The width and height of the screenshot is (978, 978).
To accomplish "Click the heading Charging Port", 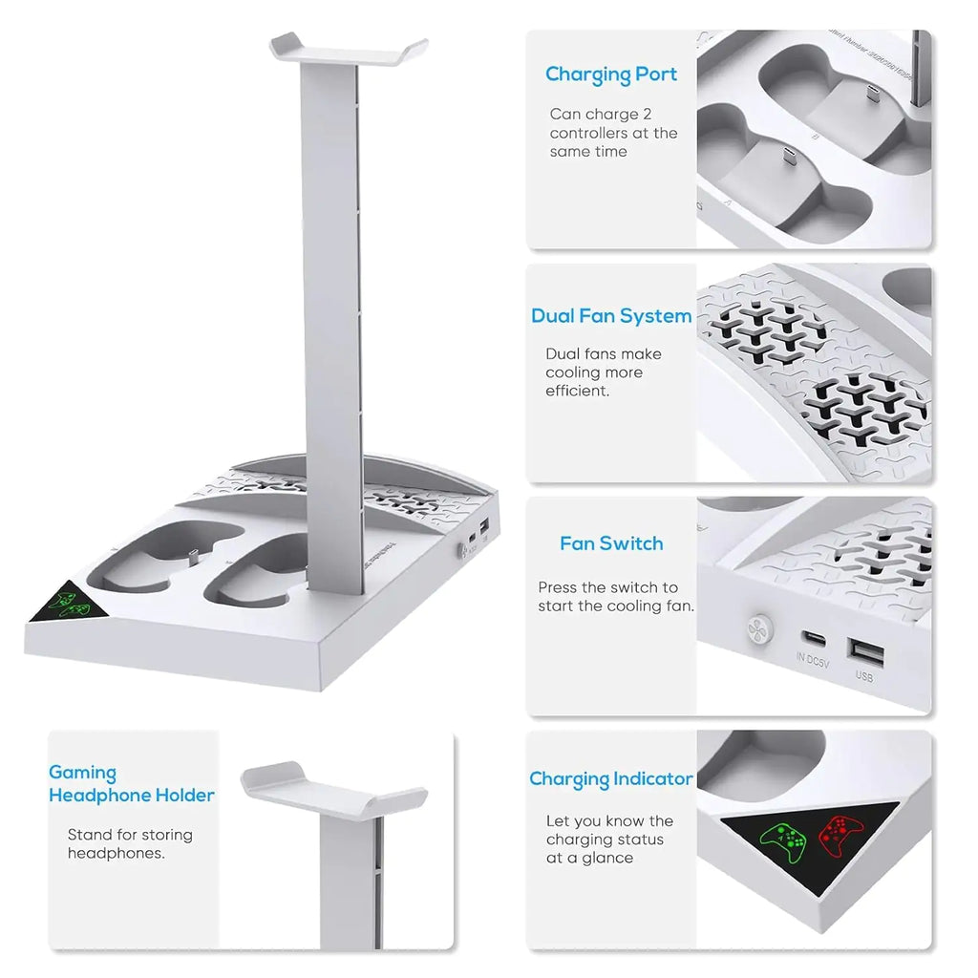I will click(x=611, y=74).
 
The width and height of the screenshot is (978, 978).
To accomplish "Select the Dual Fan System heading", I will click(x=611, y=316).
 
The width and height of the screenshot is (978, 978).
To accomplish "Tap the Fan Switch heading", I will click(x=611, y=543).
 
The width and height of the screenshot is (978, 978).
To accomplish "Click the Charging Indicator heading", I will click(x=611, y=779).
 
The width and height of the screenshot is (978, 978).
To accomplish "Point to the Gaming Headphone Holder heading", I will click(x=132, y=784).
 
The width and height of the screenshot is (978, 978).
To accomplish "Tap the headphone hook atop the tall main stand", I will click(x=348, y=45).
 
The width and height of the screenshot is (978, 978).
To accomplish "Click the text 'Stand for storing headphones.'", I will click(x=130, y=844).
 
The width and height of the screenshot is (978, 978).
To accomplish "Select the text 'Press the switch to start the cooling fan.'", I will click(x=616, y=597).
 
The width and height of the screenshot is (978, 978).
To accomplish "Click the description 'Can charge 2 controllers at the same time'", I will click(x=613, y=133).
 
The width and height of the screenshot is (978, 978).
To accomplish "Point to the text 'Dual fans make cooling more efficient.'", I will click(x=604, y=372).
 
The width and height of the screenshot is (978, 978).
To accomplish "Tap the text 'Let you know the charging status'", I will click(x=609, y=830).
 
